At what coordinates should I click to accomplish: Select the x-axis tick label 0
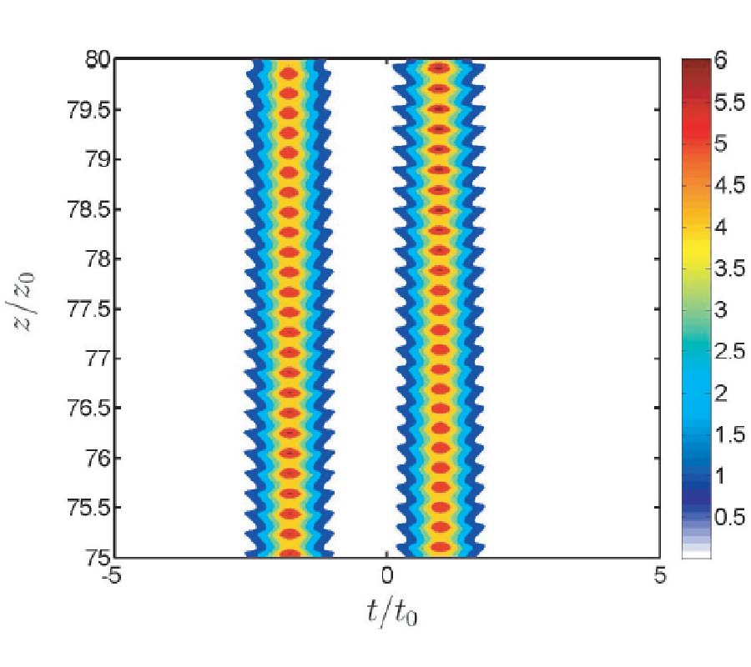pos(386,576)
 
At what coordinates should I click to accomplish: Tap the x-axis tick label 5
pos(659,576)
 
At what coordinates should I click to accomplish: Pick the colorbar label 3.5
pos(731,269)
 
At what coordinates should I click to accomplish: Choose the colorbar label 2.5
pos(731,352)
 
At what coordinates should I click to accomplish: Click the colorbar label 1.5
pos(731,434)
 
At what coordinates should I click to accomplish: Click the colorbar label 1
pos(723,476)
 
